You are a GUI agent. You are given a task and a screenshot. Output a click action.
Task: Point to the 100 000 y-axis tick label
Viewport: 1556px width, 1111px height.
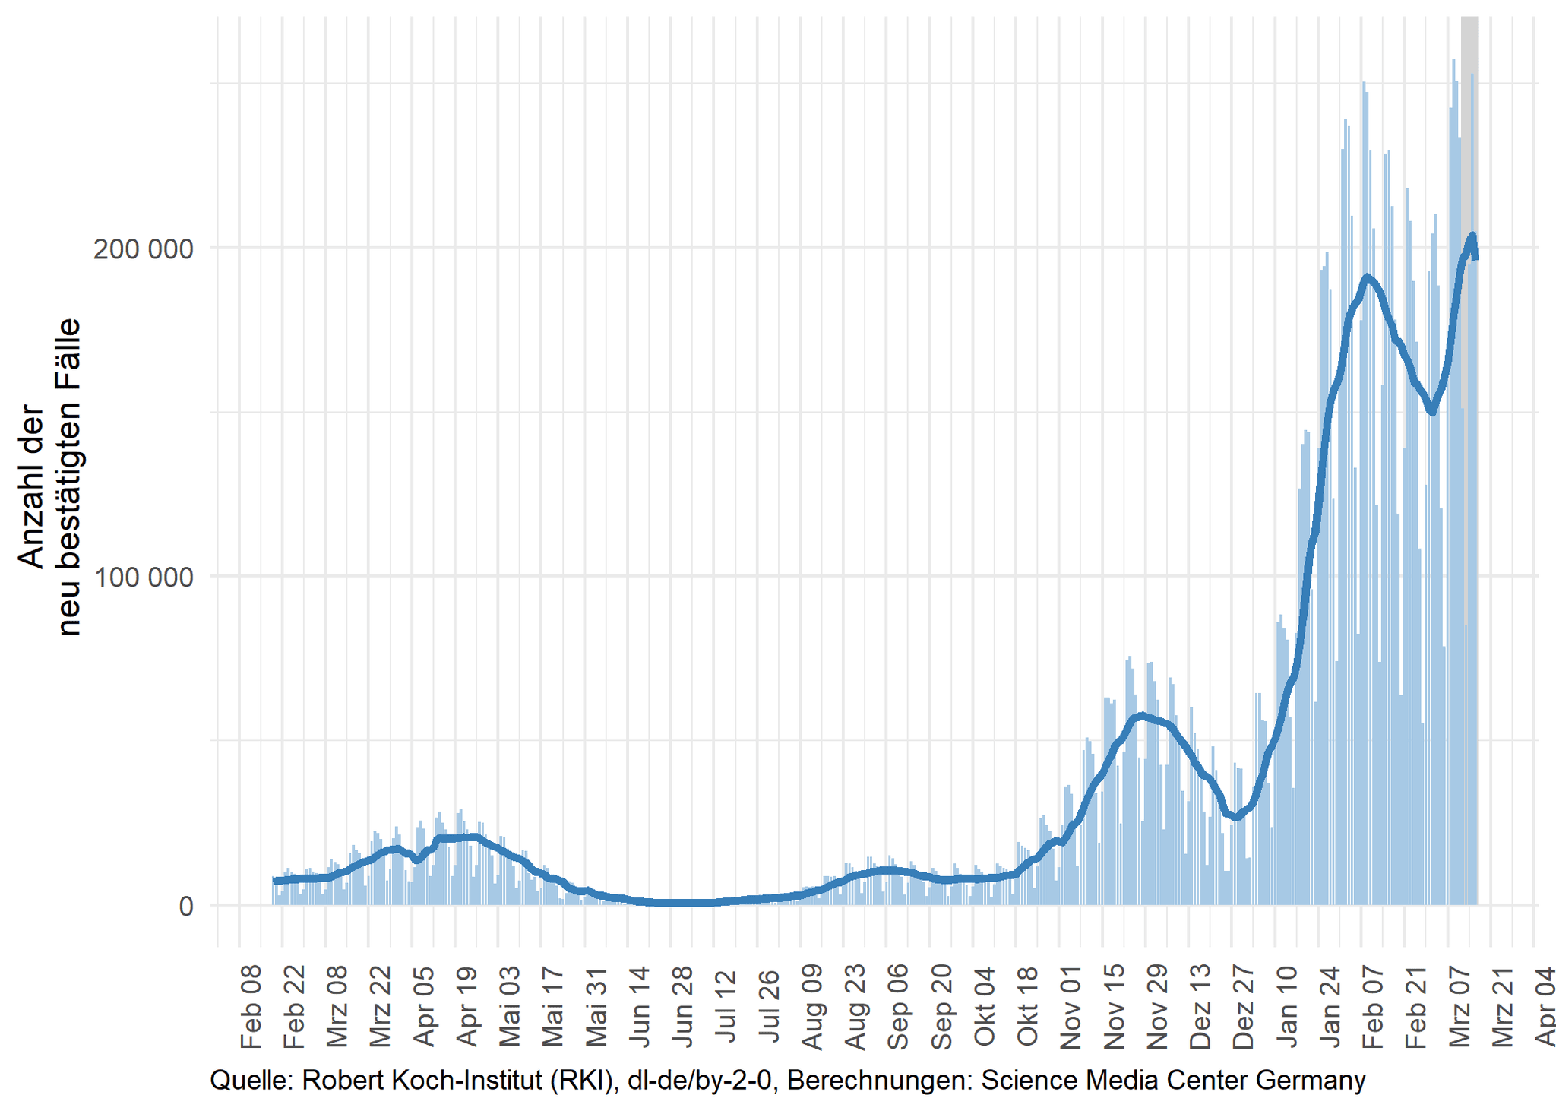[x=143, y=578]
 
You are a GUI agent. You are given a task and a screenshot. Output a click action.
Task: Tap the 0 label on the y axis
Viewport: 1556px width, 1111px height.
[x=186, y=907]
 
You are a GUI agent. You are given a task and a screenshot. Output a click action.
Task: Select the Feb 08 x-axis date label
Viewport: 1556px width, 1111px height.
[x=251, y=1006]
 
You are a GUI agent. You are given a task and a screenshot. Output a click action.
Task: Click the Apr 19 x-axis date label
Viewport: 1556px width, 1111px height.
[x=466, y=1006]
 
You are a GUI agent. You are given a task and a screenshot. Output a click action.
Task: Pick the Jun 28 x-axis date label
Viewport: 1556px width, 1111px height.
[x=682, y=1006]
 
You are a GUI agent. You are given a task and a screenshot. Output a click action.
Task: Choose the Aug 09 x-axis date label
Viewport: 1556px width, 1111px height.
[x=812, y=1006]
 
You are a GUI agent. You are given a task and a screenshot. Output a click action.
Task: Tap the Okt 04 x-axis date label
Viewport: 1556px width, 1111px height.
[x=985, y=1006]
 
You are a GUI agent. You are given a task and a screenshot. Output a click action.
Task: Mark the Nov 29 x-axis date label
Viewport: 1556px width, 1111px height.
[x=1157, y=1006]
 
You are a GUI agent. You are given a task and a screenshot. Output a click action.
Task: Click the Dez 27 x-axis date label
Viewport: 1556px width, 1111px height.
[x=1244, y=1006]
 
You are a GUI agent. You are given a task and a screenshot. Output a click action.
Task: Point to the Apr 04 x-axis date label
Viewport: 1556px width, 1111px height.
[x=1545, y=1006]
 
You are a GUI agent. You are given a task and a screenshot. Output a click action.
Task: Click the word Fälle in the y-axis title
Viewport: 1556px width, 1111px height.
[x=69, y=351]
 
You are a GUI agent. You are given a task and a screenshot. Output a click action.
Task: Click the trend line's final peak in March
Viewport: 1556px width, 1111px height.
[x=1472, y=236]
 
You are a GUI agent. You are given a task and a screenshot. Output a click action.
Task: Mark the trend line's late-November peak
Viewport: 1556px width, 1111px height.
[x=1141, y=715]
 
